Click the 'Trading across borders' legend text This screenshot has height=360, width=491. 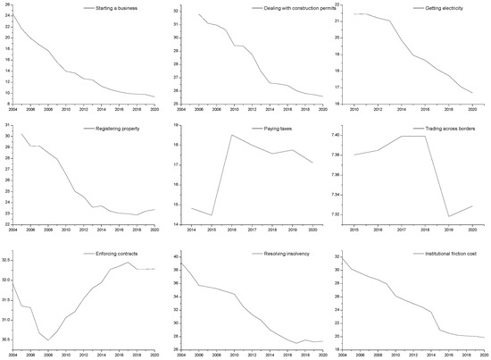point(446,130)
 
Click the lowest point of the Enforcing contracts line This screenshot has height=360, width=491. point(49,340)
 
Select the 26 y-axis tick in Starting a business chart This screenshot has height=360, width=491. point(6,4)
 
